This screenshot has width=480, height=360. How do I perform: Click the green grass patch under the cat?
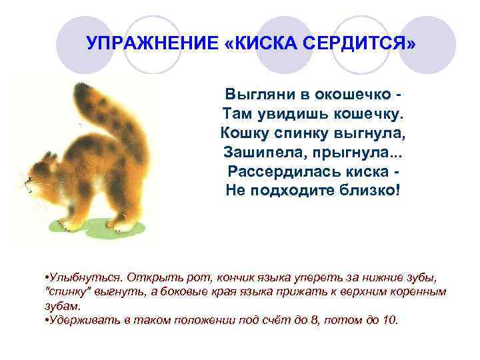[x=100, y=227]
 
